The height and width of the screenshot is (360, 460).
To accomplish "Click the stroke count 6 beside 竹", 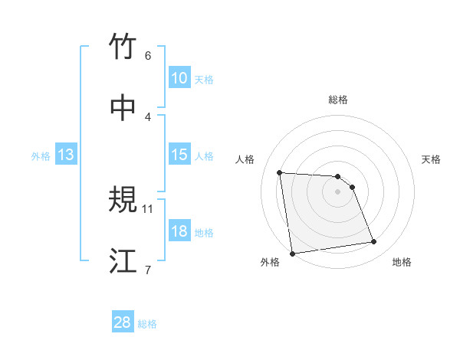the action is [x=148, y=56].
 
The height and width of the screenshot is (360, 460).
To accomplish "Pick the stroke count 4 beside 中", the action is [x=148, y=116].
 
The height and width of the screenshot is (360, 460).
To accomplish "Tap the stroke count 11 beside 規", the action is [x=148, y=208].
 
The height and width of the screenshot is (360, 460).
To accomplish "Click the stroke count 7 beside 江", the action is [x=148, y=269].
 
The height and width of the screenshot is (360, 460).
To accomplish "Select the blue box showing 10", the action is [x=179, y=78].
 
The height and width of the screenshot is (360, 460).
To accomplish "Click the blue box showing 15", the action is [x=179, y=155].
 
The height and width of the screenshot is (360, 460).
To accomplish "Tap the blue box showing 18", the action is [x=179, y=231].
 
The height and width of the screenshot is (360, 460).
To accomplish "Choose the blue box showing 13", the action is [x=65, y=155].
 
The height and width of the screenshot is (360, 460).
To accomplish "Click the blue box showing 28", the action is [x=122, y=322].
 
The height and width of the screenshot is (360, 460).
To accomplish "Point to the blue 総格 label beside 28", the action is [x=147, y=324].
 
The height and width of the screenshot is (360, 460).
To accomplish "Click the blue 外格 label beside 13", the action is [x=41, y=155].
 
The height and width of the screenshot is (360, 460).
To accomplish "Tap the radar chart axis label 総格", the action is [x=338, y=100].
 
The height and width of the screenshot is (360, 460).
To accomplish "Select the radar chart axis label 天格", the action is [x=431, y=159].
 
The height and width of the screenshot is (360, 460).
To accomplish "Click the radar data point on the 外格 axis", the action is [x=292, y=253].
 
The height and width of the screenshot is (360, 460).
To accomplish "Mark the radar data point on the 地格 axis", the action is [x=374, y=242].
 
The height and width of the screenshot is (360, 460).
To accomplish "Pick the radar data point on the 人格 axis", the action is [x=280, y=172].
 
